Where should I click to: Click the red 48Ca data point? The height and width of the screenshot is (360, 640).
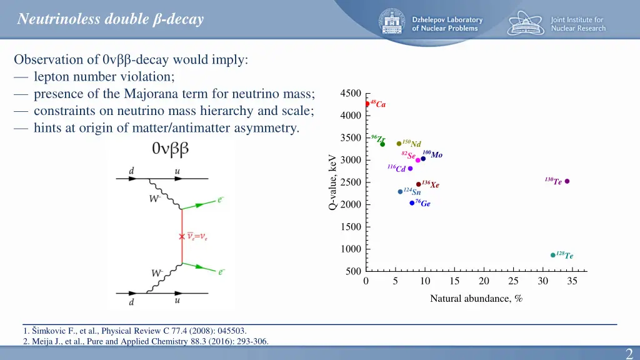pos(367,104)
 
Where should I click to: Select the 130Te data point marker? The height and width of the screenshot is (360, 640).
pos(567,181)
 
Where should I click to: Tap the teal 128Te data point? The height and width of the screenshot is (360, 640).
pos(553,255)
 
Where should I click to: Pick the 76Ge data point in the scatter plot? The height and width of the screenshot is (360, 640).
pos(412,202)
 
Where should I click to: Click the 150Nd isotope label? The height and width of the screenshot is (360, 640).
pos(412,144)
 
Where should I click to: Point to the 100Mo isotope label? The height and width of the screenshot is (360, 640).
pos(432,154)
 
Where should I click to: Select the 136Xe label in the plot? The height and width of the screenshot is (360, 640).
pos(431,184)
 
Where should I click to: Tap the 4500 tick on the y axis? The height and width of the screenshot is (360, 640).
pos(351,94)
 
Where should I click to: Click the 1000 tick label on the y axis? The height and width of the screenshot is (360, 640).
pos(351,249)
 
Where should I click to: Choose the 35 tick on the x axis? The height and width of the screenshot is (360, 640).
pos(572,281)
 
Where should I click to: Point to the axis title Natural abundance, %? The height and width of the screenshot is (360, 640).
pos(476,299)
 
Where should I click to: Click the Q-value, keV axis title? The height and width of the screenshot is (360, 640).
pos(333,182)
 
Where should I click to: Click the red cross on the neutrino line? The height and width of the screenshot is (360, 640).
pos(182,236)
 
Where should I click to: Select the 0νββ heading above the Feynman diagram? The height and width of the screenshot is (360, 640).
pos(170,150)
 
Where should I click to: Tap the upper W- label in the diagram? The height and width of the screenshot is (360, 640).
pos(154,199)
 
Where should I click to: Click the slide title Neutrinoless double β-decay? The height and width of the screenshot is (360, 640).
pos(111,19)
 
